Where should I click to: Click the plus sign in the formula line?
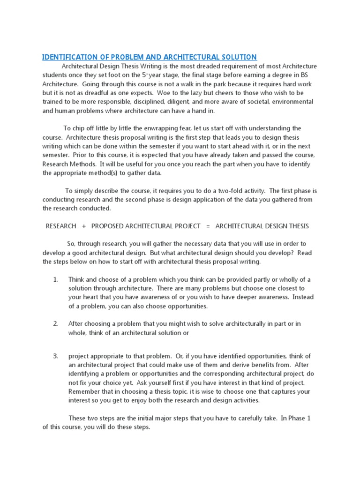(x=83, y=226)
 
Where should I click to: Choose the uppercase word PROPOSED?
(x=107, y=226)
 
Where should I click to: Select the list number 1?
(x=55, y=279)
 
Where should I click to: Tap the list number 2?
(x=55, y=324)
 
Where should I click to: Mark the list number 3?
(x=55, y=356)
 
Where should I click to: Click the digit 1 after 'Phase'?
(x=308, y=418)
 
